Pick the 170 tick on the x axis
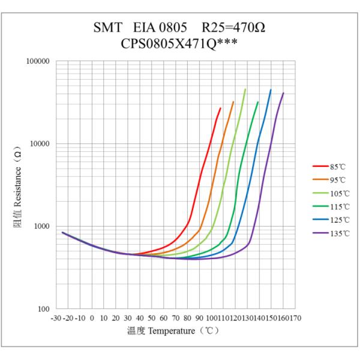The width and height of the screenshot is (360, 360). pyautogui.click(x=295, y=317)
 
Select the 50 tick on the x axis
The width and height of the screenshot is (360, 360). pyautogui.click(x=152, y=317)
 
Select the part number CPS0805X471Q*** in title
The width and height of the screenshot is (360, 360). pyautogui.click(x=180, y=44)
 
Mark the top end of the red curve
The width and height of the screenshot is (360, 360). pyautogui.click(x=220, y=108)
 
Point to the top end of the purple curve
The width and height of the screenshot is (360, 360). pyautogui.click(x=283, y=93)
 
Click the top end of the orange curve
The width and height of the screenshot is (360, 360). pyautogui.click(x=233, y=102)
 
